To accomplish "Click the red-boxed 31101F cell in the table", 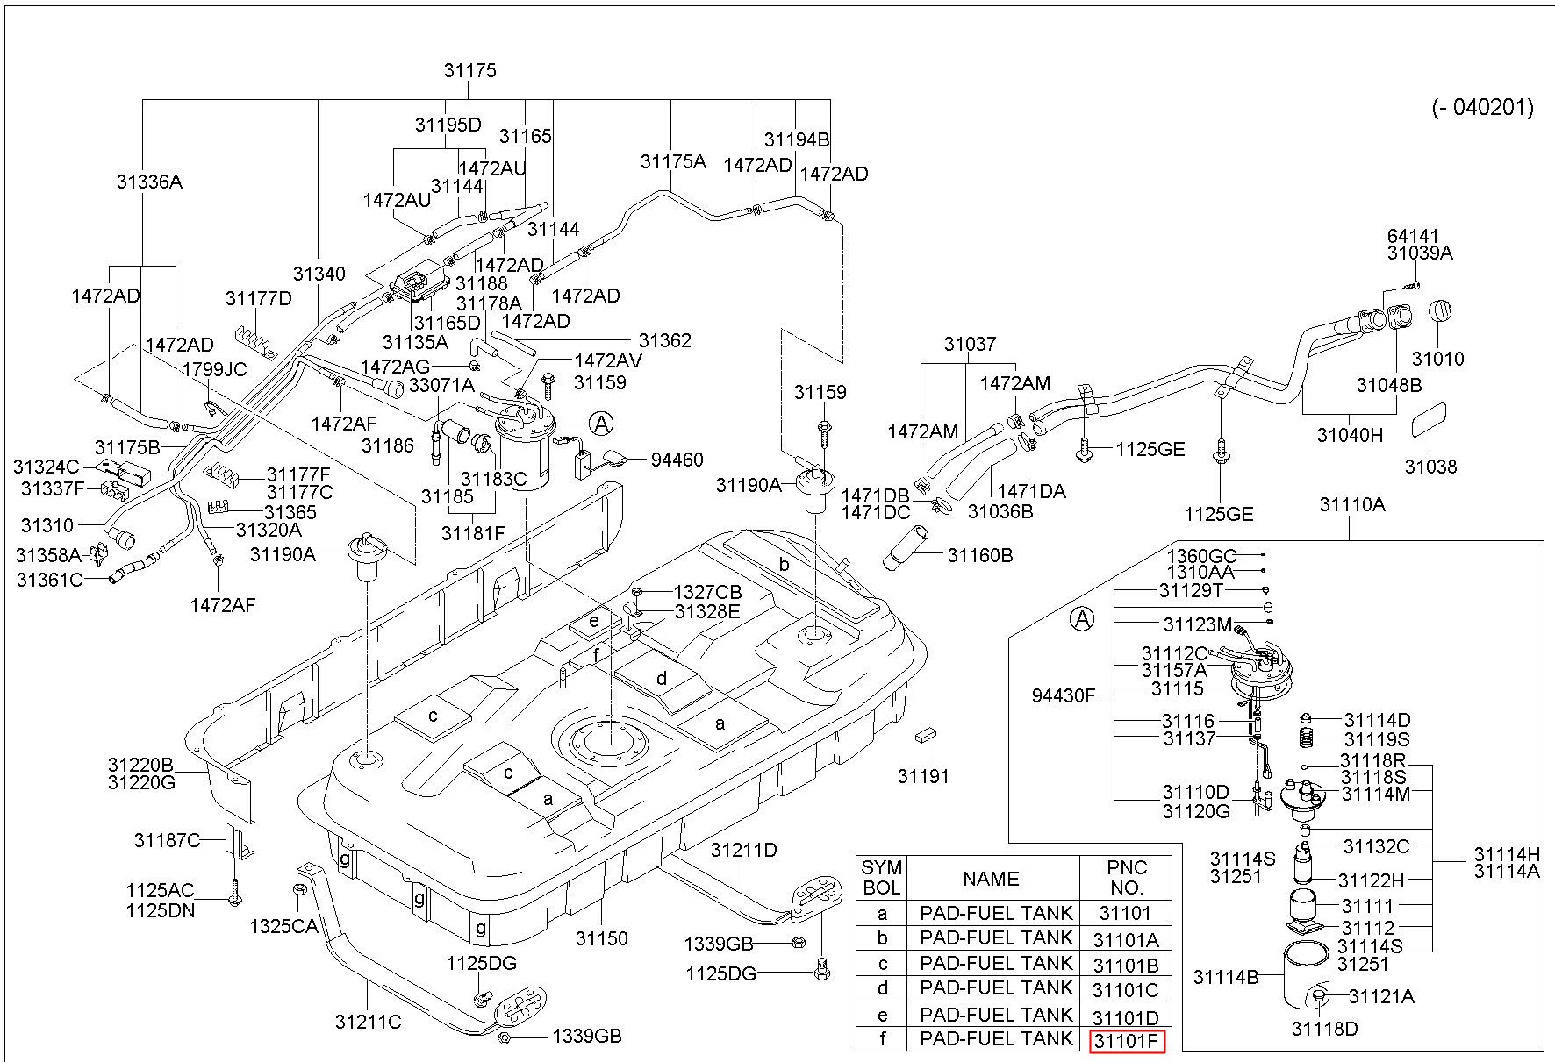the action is tap(1127, 1041).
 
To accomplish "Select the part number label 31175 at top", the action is tap(469, 71).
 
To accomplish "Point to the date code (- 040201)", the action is tap(1483, 108).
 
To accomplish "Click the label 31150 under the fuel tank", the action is tap(601, 938).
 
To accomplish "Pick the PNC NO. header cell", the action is tap(1126, 877).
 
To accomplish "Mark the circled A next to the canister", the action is tap(601, 424).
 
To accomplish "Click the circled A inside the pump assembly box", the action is tap(1084, 619).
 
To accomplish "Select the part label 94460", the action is tap(677, 460).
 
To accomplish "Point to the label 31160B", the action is tap(980, 555).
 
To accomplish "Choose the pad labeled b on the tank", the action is tap(784, 564).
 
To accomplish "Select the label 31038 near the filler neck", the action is tap(1430, 467).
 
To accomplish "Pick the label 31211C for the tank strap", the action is tap(368, 1022).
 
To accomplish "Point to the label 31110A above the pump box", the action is tap(1352, 504).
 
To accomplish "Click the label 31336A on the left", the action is tap(149, 182).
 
